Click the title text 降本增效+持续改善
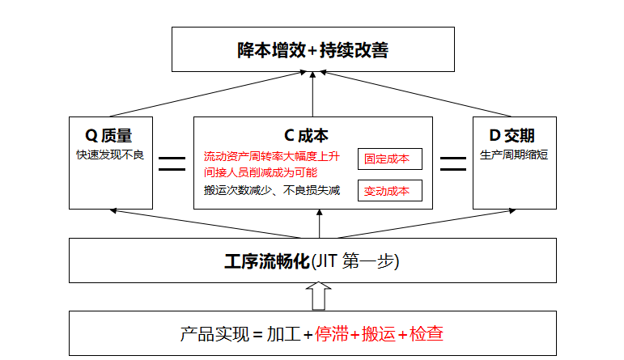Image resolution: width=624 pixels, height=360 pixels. click(x=312, y=50)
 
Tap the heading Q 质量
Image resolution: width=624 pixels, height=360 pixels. click(x=108, y=136)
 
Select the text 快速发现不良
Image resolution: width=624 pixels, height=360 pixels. click(x=110, y=155)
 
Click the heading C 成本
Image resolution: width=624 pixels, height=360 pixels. click(x=306, y=136)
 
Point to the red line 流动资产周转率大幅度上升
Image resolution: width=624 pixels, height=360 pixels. click(x=272, y=156)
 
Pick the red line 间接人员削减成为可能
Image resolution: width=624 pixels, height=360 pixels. click(x=261, y=172)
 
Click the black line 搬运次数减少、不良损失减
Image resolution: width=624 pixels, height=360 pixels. click(x=272, y=191)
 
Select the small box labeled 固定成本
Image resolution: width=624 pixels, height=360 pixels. click(x=390, y=159)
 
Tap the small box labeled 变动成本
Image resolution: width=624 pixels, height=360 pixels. click(x=390, y=191)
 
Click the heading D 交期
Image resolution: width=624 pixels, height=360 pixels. click(x=512, y=136)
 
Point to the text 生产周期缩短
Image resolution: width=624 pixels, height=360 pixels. click(x=514, y=155)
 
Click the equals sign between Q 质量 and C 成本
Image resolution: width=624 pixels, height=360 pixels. click(x=172, y=164)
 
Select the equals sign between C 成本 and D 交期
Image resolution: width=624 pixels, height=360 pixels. click(x=453, y=164)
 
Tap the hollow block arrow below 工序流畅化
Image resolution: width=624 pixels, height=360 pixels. click(x=318, y=296)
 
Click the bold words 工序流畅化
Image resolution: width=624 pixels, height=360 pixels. click(x=267, y=261)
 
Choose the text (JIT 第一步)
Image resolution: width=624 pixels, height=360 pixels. click(x=355, y=261)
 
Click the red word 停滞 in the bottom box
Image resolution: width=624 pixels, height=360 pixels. click(x=332, y=334)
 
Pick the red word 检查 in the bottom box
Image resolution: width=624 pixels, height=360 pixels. click(x=427, y=334)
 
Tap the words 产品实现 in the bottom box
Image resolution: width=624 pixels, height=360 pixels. click(x=214, y=334)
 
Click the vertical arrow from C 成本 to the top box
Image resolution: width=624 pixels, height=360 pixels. click(x=312, y=95)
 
